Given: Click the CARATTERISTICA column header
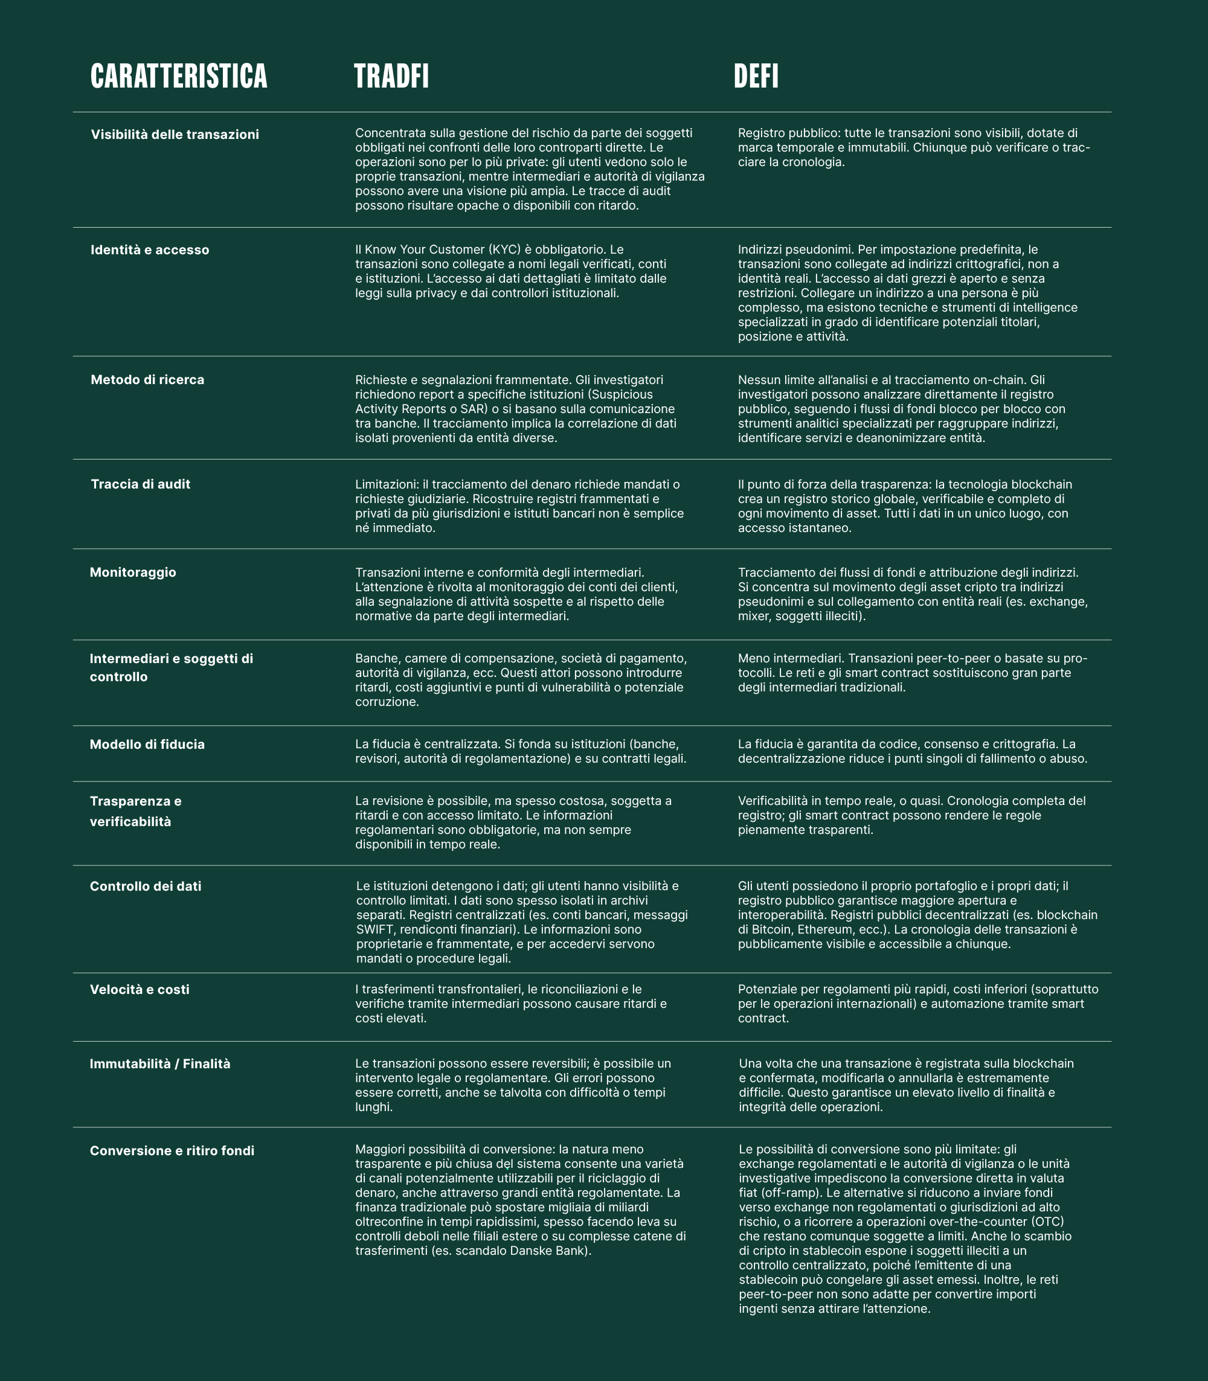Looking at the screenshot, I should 179,76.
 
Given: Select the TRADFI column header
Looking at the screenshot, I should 391,76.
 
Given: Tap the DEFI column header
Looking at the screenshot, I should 756,76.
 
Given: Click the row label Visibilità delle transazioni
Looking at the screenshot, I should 175,135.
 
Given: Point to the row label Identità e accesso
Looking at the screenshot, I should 150,250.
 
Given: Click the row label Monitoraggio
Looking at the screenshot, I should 133,573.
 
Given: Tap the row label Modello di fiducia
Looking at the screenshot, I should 147,745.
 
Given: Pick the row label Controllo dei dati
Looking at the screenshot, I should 146,887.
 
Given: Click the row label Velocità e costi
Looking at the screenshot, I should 140,990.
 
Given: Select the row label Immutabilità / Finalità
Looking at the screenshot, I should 160,1064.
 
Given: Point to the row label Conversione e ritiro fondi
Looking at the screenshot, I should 172,1151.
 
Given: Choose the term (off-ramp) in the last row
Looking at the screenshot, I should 779,1194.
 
